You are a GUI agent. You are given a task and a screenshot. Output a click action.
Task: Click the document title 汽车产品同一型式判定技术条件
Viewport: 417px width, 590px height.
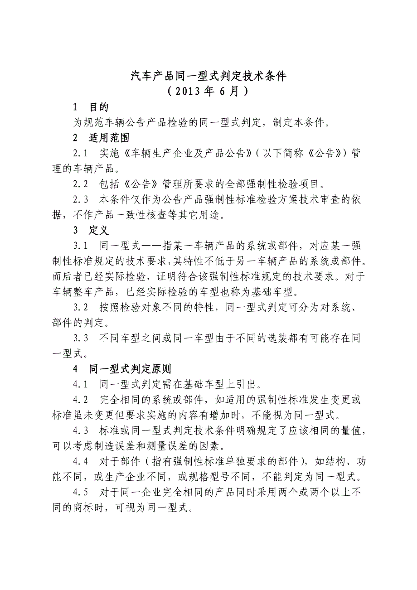point(208,76)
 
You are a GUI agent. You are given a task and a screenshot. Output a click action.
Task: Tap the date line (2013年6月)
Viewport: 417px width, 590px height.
point(208,92)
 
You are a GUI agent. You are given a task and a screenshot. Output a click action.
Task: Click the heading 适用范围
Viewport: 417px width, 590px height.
point(109,138)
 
